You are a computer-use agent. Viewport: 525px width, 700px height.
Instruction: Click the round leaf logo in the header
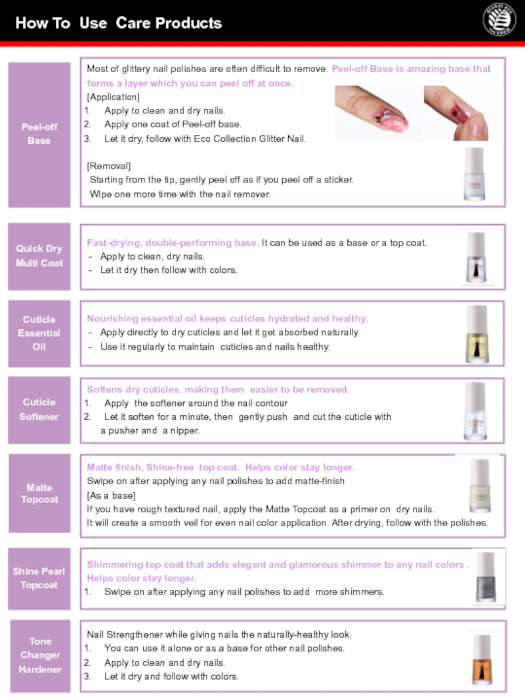click(x=499, y=20)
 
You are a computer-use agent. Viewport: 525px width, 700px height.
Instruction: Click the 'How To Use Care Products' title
click(x=118, y=23)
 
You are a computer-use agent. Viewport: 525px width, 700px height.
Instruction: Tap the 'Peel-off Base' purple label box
click(x=39, y=135)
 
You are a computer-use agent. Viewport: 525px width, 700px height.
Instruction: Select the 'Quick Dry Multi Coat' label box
click(x=39, y=257)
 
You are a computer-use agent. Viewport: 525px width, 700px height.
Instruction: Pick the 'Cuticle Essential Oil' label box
click(x=39, y=333)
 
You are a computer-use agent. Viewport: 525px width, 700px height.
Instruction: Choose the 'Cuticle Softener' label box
click(x=39, y=410)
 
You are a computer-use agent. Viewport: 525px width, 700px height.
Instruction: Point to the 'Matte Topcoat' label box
click(x=39, y=493)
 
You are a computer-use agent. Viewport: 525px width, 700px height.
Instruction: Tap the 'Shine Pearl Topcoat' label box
click(x=39, y=579)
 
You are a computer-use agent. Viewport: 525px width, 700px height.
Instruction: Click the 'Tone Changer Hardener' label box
click(x=40, y=655)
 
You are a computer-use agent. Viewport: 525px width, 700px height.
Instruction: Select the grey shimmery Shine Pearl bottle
click(x=486, y=577)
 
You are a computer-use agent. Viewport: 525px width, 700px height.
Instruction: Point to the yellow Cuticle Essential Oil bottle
click(x=477, y=334)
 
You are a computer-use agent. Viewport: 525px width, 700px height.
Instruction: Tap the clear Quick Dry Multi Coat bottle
click(x=476, y=257)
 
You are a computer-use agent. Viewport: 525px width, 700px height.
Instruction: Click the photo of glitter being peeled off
click(x=460, y=113)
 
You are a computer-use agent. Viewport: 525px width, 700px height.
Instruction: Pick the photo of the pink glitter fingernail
click(x=378, y=113)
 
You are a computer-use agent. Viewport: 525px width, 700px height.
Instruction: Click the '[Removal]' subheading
click(x=109, y=166)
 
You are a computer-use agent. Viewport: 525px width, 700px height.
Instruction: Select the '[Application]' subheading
click(x=113, y=97)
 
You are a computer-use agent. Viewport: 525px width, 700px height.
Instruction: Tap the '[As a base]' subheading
click(x=111, y=495)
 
